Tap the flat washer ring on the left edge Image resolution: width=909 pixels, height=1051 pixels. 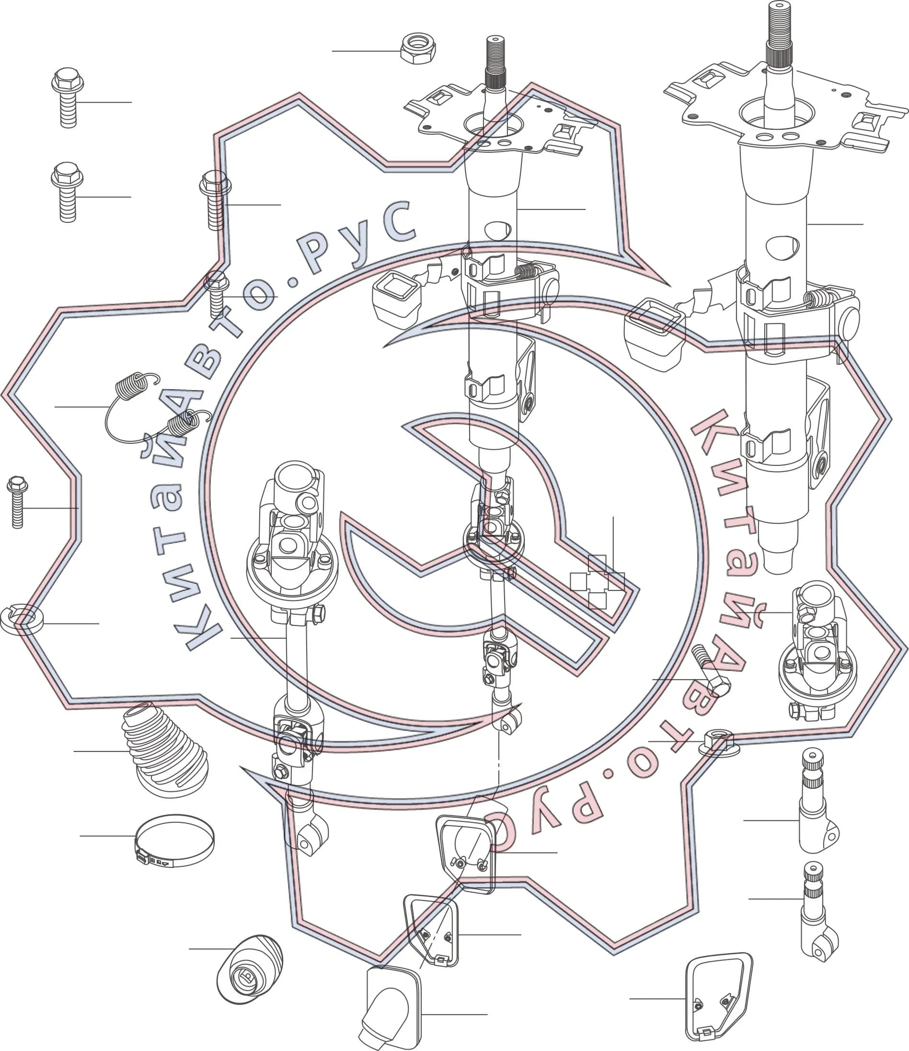click(x=21, y=619)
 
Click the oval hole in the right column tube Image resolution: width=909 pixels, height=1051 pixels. click(x=783, y=246)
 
